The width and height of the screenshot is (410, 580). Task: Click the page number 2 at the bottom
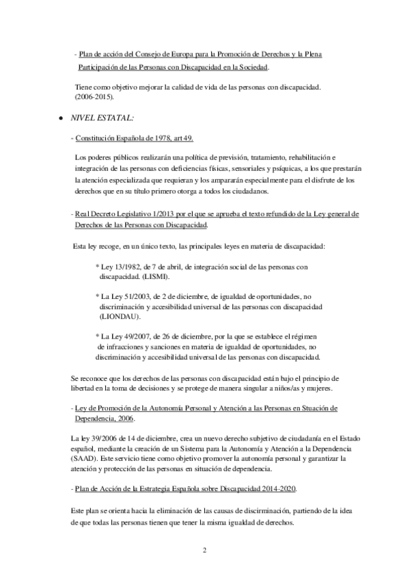pyautogui.click(x=204, y=549)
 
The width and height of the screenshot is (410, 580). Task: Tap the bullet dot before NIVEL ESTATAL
pyautogui.click(x=61, y=118)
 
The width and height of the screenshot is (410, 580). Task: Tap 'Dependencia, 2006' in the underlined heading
pyautogui.click(x=105, y=419)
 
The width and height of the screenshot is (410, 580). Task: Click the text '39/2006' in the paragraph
pyautogui.click(x=98, y=438)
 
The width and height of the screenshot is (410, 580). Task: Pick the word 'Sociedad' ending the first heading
pyautogui.click(x=251, y=66)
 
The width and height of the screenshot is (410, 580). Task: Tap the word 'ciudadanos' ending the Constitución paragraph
pyautogui.click(x=252, y=191)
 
